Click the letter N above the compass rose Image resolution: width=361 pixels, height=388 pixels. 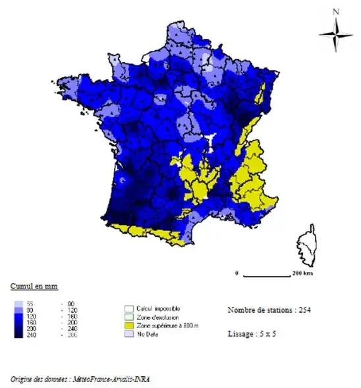pyautogui.click(x=336, y=11)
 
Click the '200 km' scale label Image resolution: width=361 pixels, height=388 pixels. pyautogui.click(x=304, y=273)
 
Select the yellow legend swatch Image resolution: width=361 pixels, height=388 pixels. pyautogui.click(x=129, y=325)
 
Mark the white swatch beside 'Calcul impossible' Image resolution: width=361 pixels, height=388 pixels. pyautogui.click(x=129, y=308)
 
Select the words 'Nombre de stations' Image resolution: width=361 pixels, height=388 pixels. pyautogui.click(x=258, y=309)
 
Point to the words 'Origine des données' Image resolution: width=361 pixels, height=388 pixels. pyautogui.click(x=36, y=379)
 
